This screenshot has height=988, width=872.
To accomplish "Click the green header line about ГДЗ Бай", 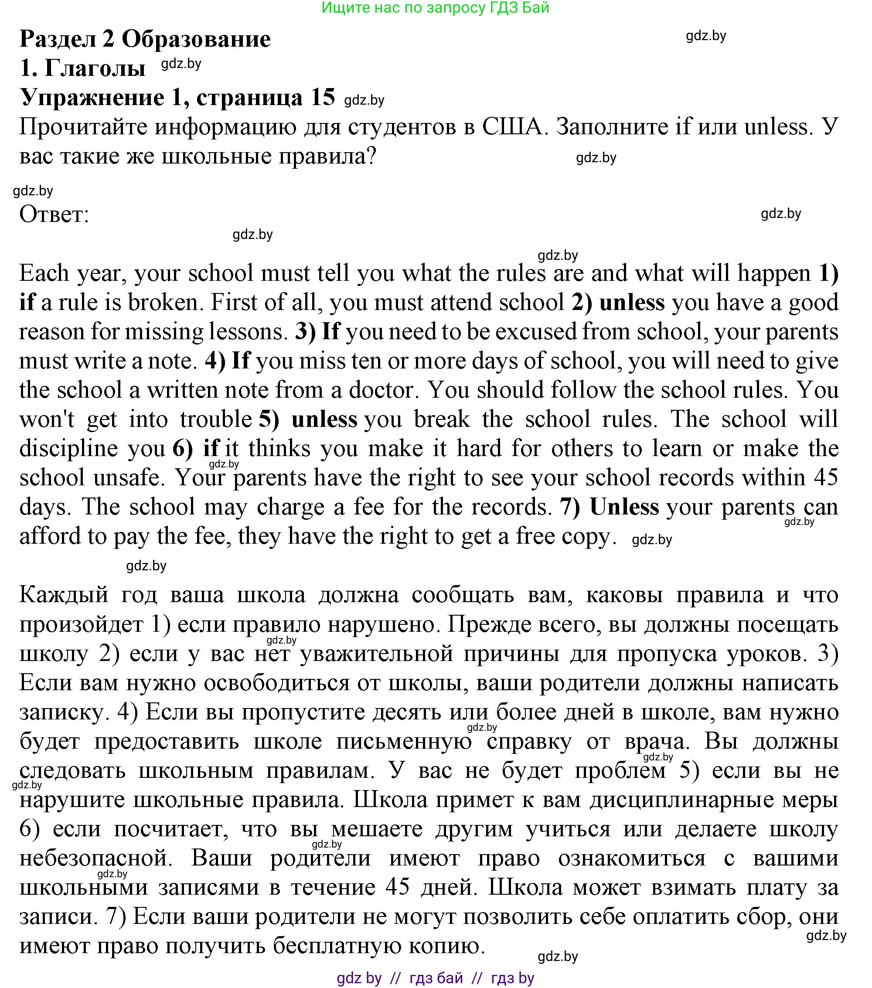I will (435, 8).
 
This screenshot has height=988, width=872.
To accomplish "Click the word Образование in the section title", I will (196, 39).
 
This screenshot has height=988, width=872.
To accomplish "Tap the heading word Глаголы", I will (95, 68).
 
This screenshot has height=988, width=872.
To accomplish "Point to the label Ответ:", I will (54, 214).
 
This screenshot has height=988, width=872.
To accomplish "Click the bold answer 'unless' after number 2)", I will (632, 303).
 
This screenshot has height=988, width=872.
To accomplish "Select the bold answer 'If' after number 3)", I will (330, 332).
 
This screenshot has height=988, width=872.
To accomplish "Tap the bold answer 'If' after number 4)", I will (241, 361).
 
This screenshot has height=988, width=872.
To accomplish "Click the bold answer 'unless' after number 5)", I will (324, 419).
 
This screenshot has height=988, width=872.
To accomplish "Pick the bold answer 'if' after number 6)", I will (211, 449).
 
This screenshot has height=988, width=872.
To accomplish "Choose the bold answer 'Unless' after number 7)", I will (624, 507).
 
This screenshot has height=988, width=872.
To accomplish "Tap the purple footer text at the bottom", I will (435, 978).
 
